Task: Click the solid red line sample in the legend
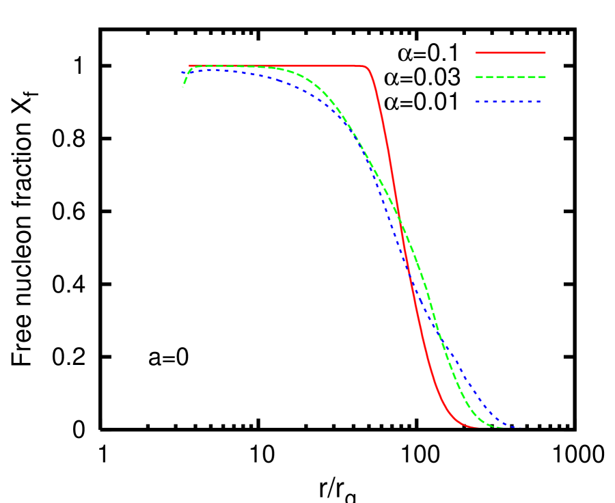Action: [x=510, y=52]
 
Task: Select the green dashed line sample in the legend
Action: [x=510, y=77]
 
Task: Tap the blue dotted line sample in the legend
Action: [x=508, y=101]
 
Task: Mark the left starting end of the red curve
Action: [x=189, y=65]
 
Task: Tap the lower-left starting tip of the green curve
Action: [x=182, y=86]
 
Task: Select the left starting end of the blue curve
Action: [x=182, y=72]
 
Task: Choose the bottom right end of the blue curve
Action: [x=521, y=428]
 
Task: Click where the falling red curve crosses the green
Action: [x=399, y=217]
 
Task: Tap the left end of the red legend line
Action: [x=476, y=52]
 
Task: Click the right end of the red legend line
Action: [x=545, y=52]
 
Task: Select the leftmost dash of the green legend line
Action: [x=480, y=77]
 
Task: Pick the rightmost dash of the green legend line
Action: [x=541, y=77]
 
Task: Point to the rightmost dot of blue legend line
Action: [x=539, y=101]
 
